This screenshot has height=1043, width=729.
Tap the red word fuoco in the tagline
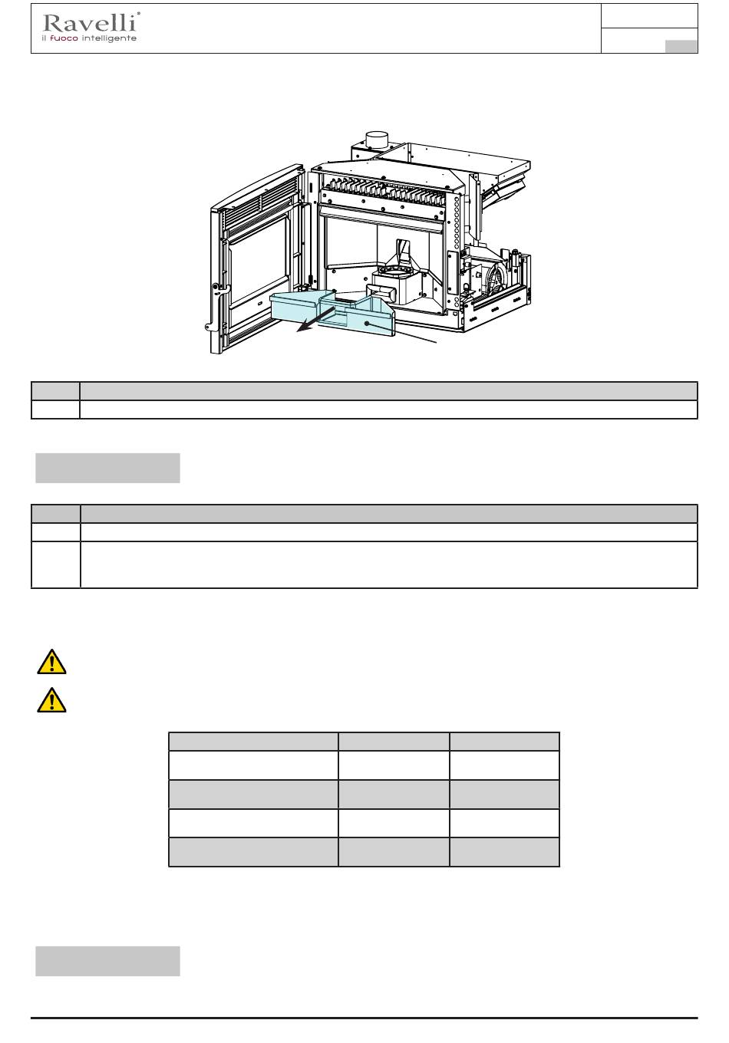[x=64, y=38]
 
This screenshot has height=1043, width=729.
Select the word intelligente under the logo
[x=109, y=38]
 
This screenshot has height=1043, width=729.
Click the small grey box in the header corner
[x=681, y=47]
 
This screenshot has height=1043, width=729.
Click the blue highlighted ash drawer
[x=332, y=312]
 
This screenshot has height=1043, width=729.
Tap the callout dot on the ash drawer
[x=367, y=323]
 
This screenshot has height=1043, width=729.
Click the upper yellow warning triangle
[x=51, y=662]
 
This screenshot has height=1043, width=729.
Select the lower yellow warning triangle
[x=51, y=700]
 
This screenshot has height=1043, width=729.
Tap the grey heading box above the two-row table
[x=107, y=468]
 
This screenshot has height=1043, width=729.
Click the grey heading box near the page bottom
[x=107, y=961]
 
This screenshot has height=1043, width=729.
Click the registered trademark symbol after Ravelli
[x=138, y=14]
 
